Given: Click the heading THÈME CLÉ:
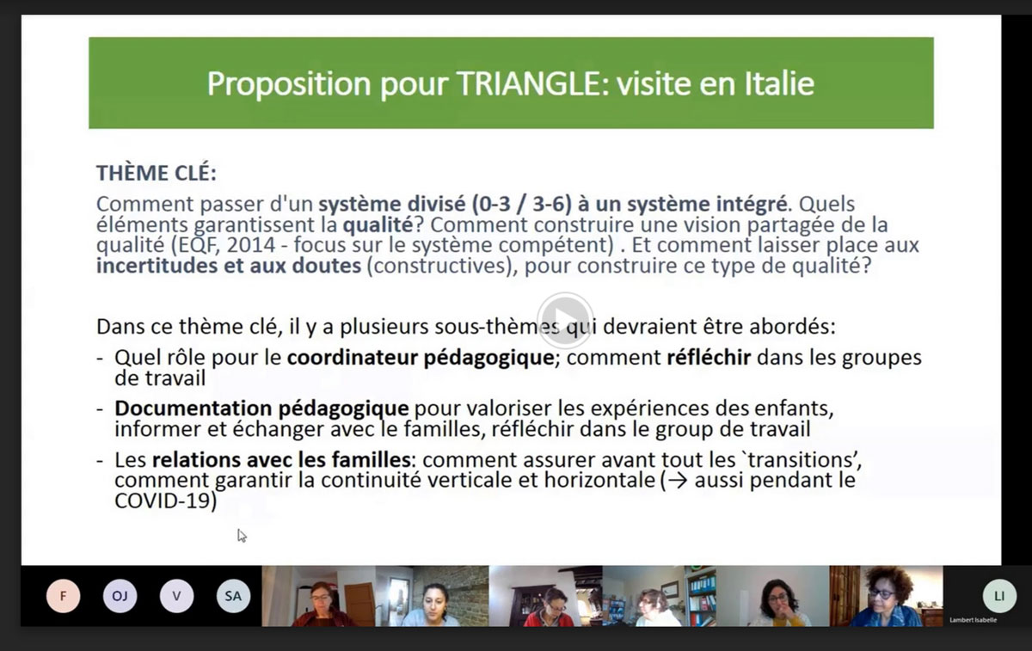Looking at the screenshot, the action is (x=157, y=173).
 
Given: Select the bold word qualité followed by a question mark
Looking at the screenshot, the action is (x=378, y=224).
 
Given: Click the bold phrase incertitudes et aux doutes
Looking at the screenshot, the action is (x=229, y=266).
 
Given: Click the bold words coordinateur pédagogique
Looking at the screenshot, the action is (x=421, y=358).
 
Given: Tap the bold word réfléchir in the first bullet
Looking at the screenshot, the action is (x=709, y=358).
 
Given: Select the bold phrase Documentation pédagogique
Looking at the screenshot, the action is (x=261, y=408).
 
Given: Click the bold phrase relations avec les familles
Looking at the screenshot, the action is (x=281, y=460).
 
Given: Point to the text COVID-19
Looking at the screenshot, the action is (x=163, y=501).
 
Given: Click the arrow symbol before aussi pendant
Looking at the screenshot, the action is (x=679, y=481).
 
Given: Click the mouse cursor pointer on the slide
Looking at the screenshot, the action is (x=242, y=536).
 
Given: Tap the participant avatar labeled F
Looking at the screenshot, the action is (x=63, y=596).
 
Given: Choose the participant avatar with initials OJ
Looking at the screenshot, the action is (x=120, y=596).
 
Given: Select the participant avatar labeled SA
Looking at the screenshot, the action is (x=233, y=596).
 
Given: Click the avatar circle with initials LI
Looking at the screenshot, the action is (x=999, y=596).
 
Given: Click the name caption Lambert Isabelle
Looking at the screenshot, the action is (x=973, y=620).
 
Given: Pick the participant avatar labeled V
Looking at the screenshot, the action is (x=176, y=596).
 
